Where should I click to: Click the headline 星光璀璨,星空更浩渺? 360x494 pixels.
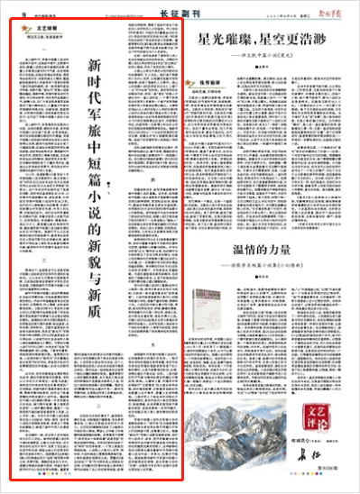(263, 41)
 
